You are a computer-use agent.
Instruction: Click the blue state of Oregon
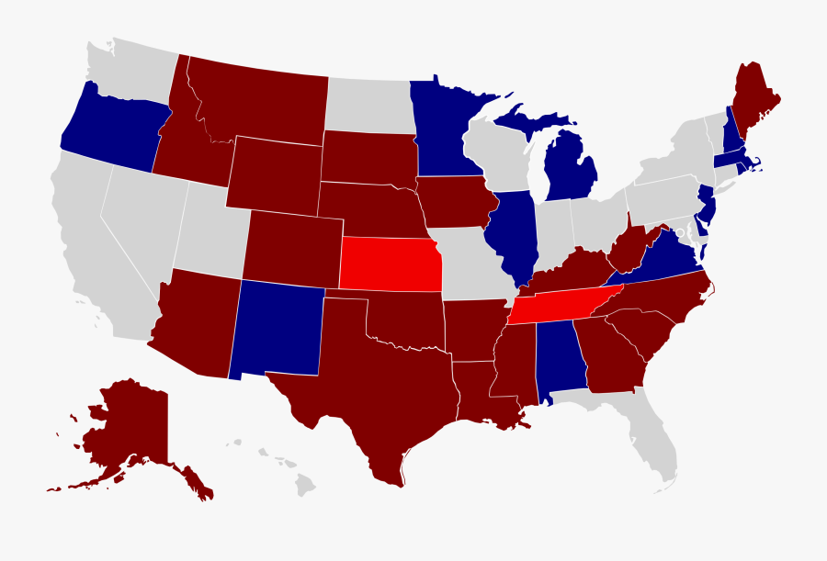pyautogui.click(x=110, y=133)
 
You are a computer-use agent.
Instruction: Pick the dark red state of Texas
pyautogui.click(x=368, y=395)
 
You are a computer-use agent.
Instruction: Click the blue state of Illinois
pyautogui.click(x=510, y=234)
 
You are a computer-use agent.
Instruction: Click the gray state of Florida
pyautogui.click(x=652, y=441)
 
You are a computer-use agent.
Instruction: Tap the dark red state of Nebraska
pyautogui.click(x=368, y=208)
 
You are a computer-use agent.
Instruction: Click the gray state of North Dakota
pyautogui.click(x=368, y=104)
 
